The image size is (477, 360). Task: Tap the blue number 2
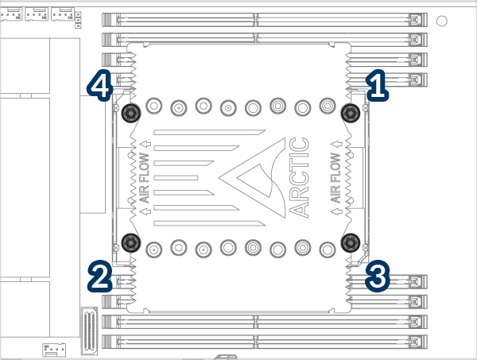point(99,277)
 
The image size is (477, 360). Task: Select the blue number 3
point(378,277)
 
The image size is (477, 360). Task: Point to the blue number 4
point(99,86)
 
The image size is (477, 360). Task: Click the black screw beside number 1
point(349,113)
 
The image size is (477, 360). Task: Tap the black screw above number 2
point(130,242)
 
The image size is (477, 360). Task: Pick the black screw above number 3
point(349,242)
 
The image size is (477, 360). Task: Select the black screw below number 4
point(130,113)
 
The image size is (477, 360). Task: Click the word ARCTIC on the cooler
point(299,177)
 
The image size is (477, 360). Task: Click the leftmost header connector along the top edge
point(11,13)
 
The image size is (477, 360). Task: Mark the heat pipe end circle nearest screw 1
point(327,106)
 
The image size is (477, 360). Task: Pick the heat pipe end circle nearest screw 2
point(154,247)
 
